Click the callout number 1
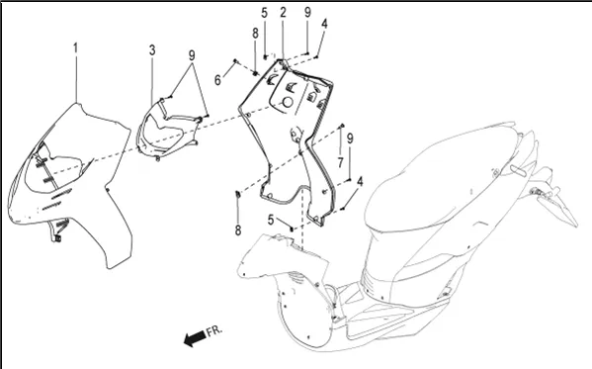coord(75,48)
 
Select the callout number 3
coord(152,49)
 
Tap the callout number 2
coord(284,13)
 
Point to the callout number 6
coord(217,80)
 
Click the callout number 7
coord(341,162)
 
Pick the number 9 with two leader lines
coord(192,55)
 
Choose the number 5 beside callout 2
coord(264,13)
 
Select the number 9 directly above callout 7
coord(350,138)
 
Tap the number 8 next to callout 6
coord(255,34)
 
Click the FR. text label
coord(214,330)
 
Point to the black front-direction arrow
coord(195,338)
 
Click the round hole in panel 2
coord(288,102)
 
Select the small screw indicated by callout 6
coord(235,61)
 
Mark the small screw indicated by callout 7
coord(342,125)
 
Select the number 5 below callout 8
coord(271,220)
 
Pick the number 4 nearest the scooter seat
coord(360,181)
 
